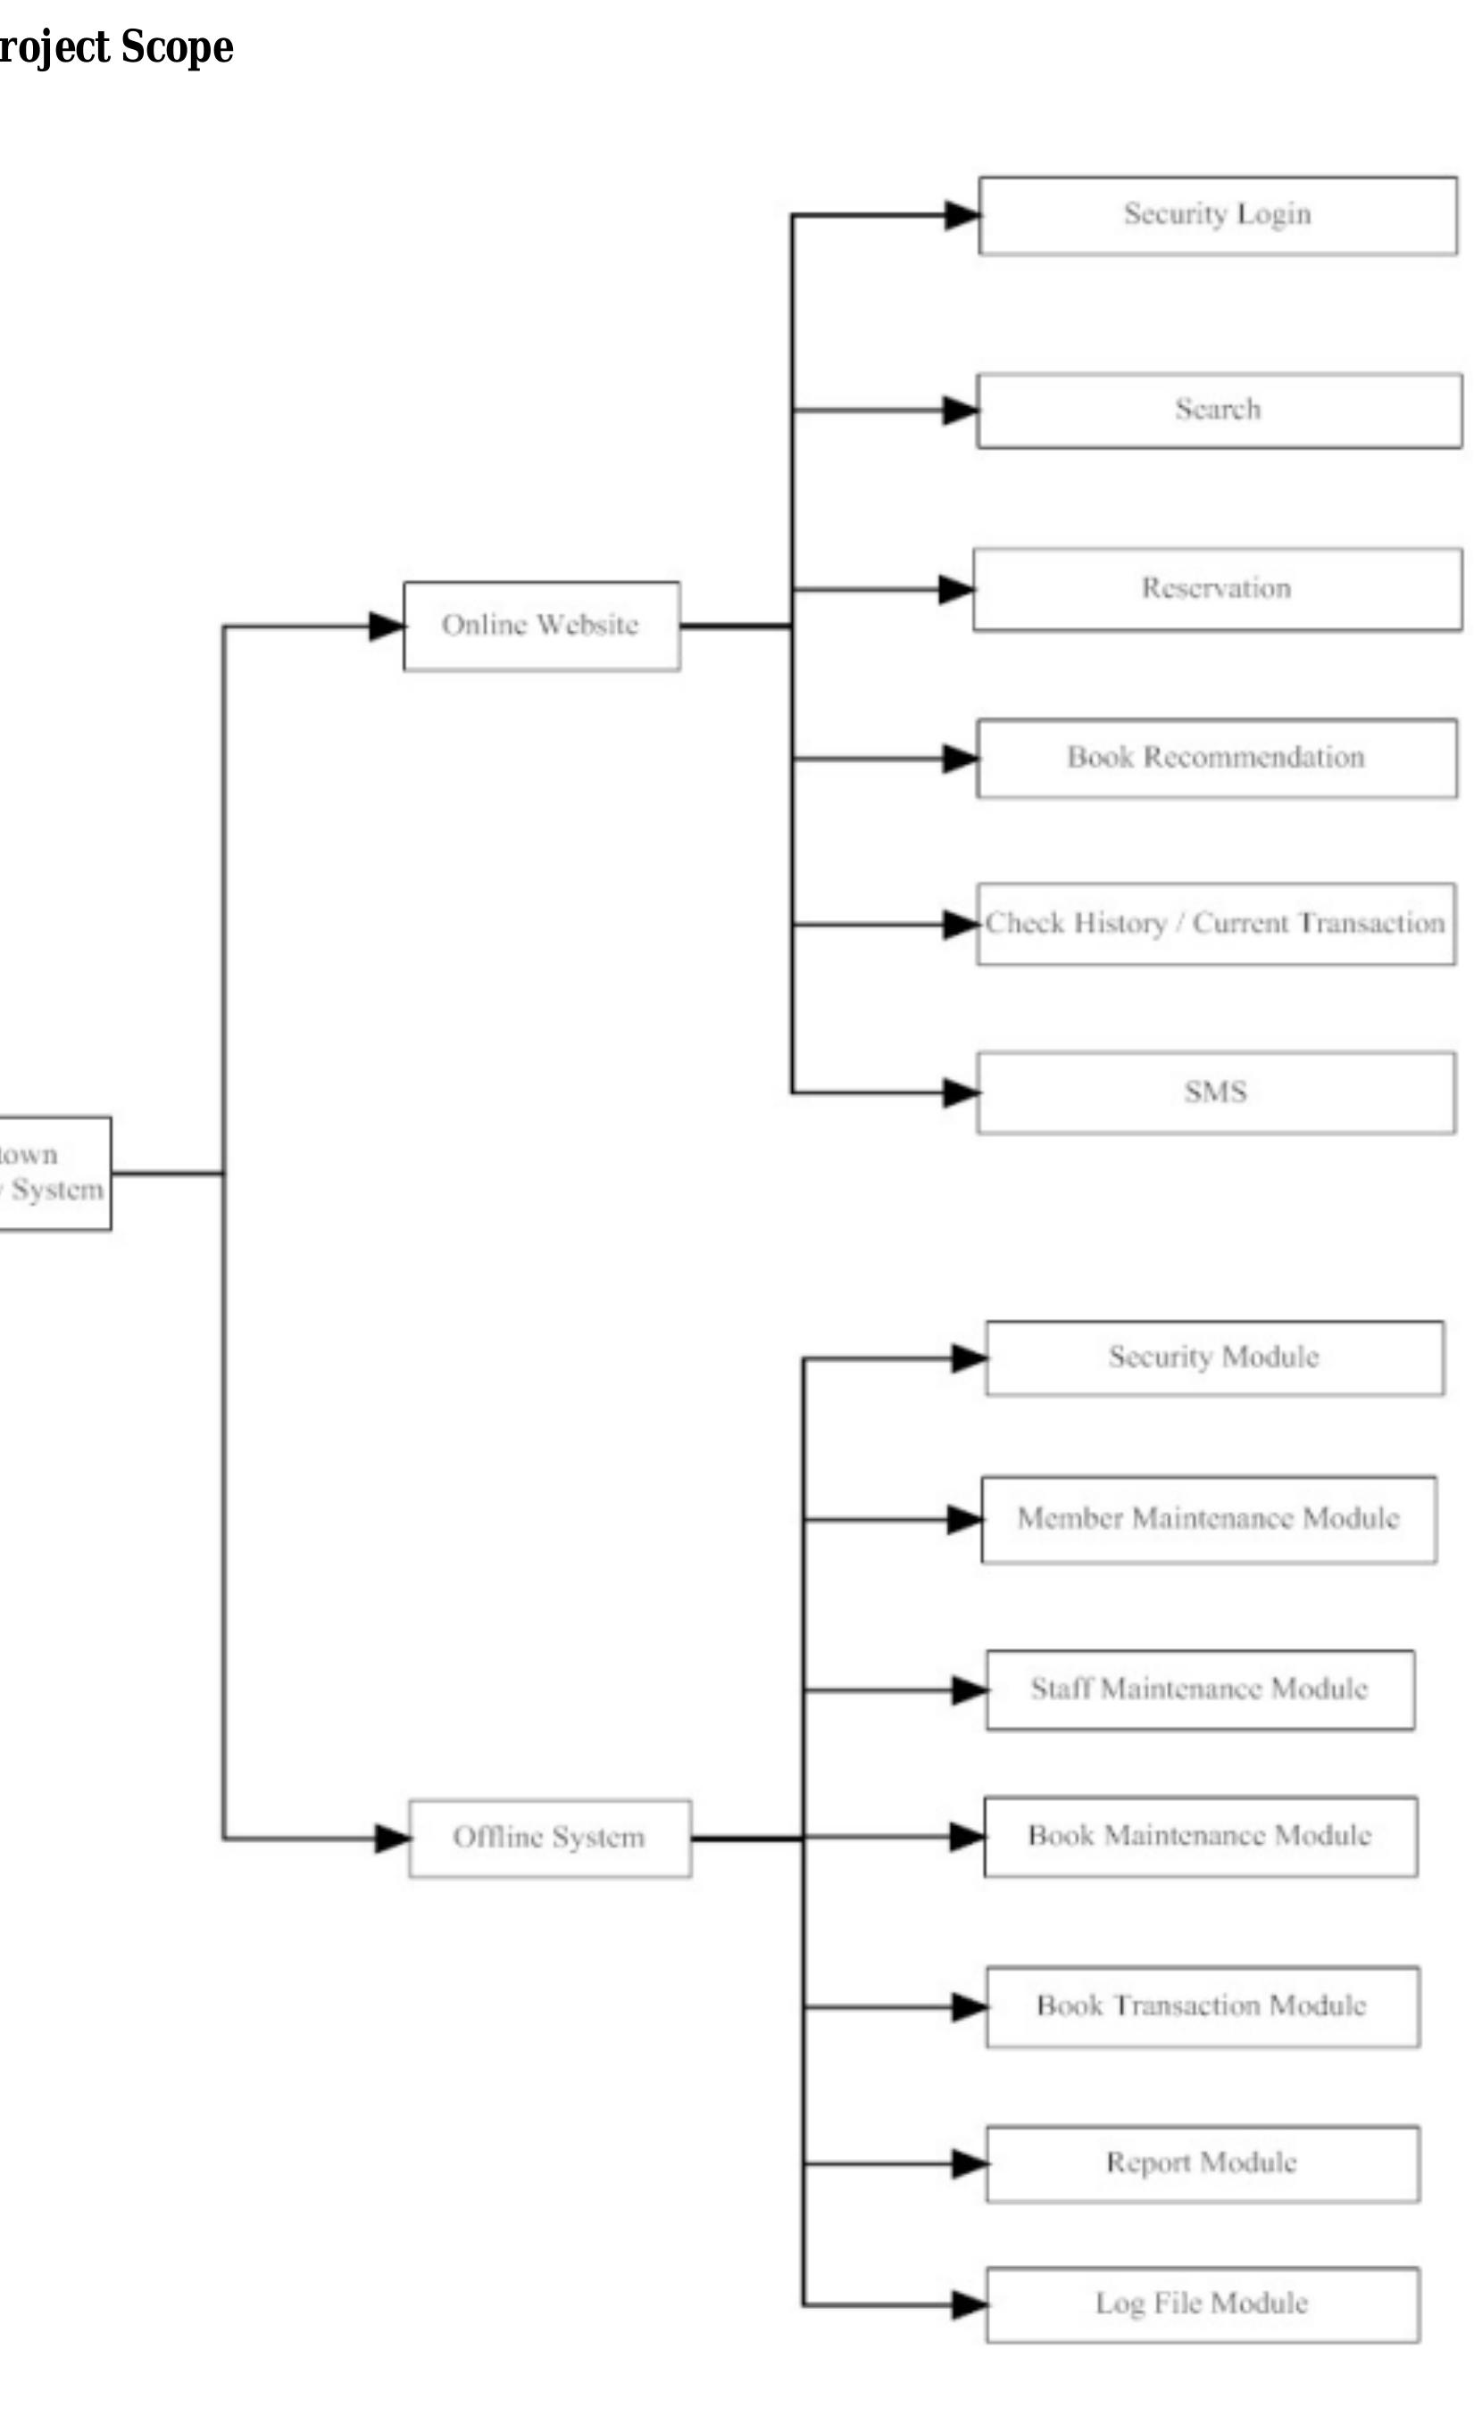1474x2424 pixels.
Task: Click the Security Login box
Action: tap(1217, 214)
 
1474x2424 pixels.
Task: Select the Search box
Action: tap(1218, 410)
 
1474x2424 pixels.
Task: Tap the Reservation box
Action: tap(1216, 588)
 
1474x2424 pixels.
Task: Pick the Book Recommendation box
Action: tap(1216, 758)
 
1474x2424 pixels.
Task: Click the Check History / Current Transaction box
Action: tap(1215, 923)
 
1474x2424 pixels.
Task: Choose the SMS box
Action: tap(1215, 1092)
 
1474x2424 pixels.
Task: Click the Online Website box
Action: tap(540, 626)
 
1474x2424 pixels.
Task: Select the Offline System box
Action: tap(549, 1838)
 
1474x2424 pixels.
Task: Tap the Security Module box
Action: tap(1213, 1357)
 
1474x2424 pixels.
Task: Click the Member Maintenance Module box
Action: tap(1208, 1519)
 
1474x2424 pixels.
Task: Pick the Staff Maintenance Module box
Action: tap(1200, 1689)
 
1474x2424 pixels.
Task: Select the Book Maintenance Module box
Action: tap(1200, 1836)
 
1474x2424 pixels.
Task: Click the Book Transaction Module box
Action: tap(1202, 2006)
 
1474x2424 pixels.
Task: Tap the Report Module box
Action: tap(1202, 2163)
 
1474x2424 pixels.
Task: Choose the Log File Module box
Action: tap(1202, 2304)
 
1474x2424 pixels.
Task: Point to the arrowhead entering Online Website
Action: tap(386, 626)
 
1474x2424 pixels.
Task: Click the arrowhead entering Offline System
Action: tap(392, 1838)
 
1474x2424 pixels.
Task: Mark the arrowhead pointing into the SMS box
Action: tap(961, 1092)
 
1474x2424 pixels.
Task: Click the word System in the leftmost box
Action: tap(57, 1191)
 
